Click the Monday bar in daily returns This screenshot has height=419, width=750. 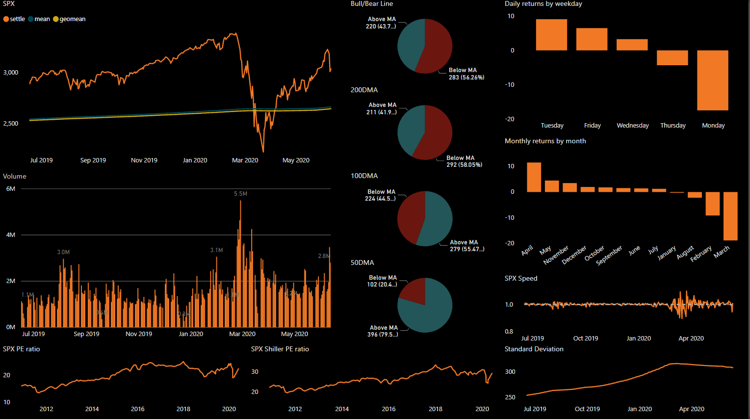point(712,80)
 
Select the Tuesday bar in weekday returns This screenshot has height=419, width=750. point(551,35)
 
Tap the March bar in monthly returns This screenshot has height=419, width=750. point(730,216)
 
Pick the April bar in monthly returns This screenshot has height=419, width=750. point(534,177)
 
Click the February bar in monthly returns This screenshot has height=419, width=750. point(712,204)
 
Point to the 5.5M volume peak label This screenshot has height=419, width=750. point(240,194)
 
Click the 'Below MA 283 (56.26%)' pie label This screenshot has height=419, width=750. point(466,74)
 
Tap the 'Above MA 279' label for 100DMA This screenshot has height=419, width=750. point(466,246)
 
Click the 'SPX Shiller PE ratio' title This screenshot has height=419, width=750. point(280,349)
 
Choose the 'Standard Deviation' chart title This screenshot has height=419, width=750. point(534,349)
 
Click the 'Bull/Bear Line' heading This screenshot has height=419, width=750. point(371,4)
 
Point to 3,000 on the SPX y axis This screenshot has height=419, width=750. point(11,73)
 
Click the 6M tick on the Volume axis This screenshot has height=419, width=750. point(11,189)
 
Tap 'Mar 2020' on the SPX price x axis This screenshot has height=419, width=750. point(245,160)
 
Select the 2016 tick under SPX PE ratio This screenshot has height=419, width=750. point(137,409)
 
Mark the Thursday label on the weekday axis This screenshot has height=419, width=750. point(672,126)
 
